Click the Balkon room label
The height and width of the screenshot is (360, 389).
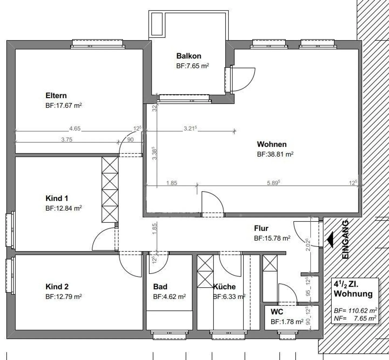(x=189, y=56)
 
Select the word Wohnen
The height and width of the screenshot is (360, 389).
(x=272, y=144)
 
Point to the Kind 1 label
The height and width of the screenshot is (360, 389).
(x=57, y=198)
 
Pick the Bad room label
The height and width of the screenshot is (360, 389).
(x=160, y=287)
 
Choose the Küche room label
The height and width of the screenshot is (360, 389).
(x=224, y=287)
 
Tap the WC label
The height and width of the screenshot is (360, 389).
(x=277, y=312)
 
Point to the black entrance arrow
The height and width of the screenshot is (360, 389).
(x=330, y=240)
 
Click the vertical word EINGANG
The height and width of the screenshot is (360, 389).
(x=345, y=239)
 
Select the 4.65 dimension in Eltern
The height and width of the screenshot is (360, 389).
(x=75, y=128)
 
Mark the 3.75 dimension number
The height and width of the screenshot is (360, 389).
(x=67, y=140)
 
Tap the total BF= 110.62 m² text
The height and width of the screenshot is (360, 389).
(x=356, y=310)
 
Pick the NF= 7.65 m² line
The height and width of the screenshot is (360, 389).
(x=355, y=318)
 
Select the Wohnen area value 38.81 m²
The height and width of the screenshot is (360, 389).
(x=275, y=154)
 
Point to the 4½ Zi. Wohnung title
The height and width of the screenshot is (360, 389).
(x=353, y=290)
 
